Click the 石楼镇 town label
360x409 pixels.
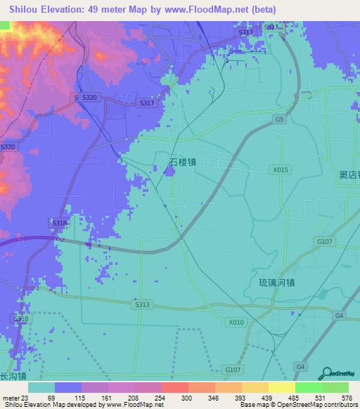click(182, 162)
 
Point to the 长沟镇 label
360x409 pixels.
click(13, 376)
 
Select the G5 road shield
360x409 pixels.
click(280, 120)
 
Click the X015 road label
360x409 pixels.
click(281, 169)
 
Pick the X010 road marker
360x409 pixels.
click(236, 323)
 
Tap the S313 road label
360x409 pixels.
click(142, 304)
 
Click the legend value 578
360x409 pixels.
click(347, 398)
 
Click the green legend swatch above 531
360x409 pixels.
click(308, 387)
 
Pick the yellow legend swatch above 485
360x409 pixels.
click(281, 387)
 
